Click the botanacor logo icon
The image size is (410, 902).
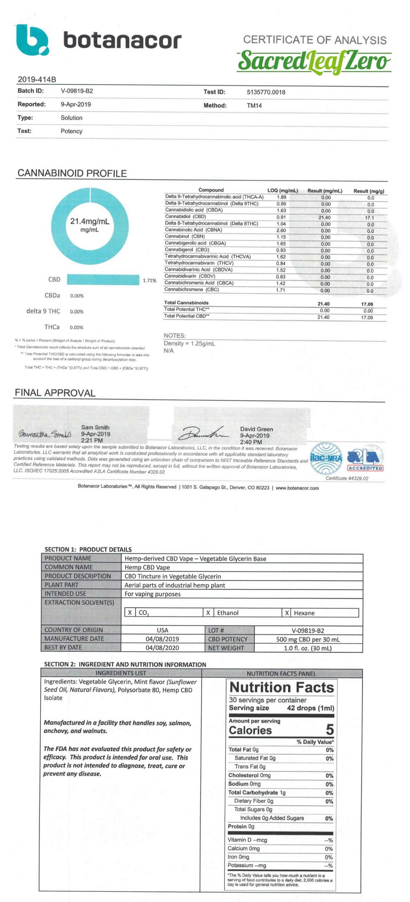32,40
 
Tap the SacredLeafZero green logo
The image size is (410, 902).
313,61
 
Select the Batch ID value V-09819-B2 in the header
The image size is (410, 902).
77,91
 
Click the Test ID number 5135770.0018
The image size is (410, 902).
266,92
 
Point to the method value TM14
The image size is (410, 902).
254,106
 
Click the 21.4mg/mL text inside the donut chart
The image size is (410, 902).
90,221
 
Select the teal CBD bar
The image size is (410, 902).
103,280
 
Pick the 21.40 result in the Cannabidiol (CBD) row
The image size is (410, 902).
324,218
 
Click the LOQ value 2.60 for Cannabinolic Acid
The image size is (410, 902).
281,230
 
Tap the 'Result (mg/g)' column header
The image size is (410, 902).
369,191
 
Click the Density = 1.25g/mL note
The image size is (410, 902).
189,344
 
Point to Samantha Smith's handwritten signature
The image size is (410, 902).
44,434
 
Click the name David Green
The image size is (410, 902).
256,429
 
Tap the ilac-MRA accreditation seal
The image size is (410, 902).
326,458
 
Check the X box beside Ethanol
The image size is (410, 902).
208,613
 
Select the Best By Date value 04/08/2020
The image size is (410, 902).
162,648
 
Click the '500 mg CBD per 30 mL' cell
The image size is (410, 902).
307,639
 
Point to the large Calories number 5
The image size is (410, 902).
329,729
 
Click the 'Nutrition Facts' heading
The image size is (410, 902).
281,687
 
